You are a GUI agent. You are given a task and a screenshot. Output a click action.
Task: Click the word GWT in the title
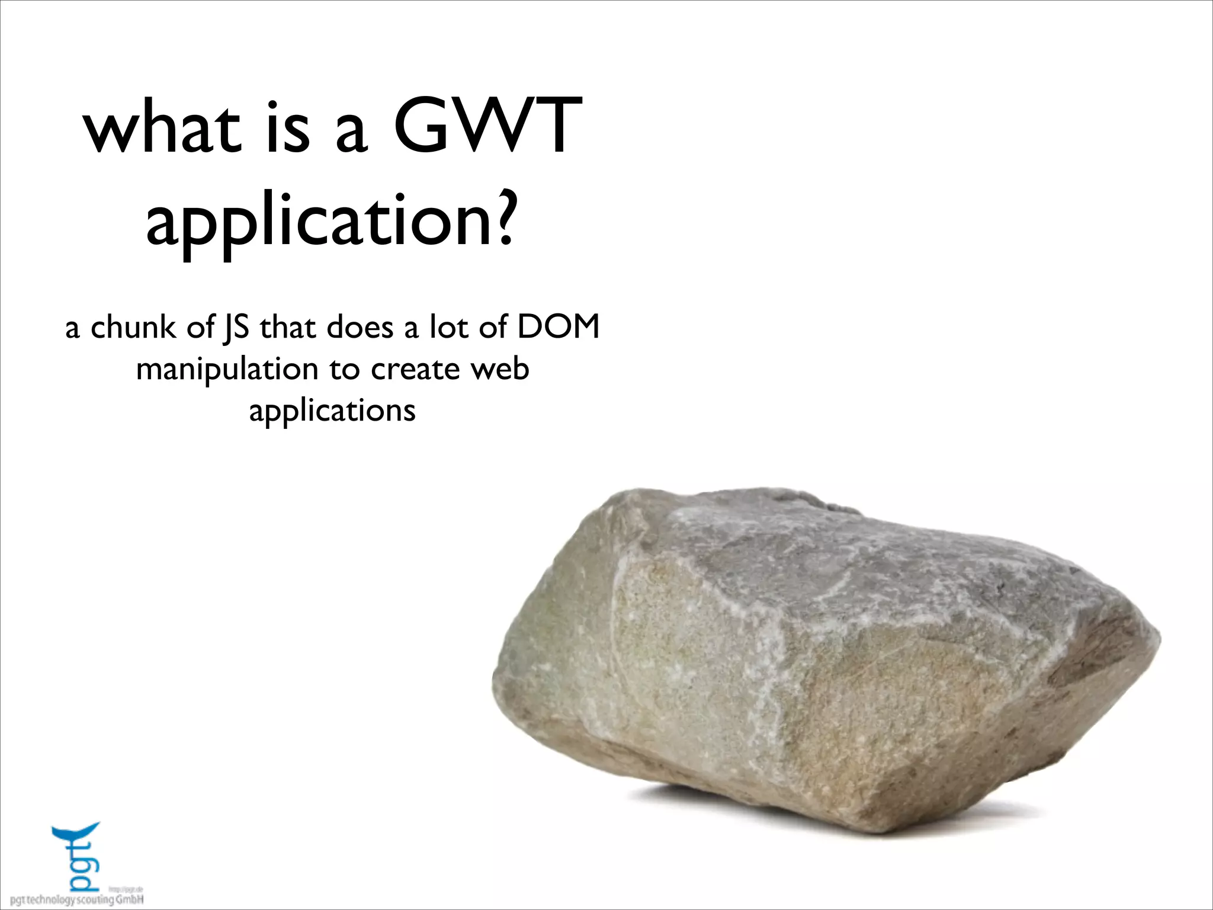(x=487, y=126)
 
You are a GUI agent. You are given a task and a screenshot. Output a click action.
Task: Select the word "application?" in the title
(x=329, y=222)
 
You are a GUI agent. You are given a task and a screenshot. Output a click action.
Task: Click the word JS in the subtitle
(x=236, y=328)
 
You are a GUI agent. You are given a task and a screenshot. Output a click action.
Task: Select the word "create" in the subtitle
(x=415, y=369)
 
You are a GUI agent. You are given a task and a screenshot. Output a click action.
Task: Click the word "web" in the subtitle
(x=500, y=369)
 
